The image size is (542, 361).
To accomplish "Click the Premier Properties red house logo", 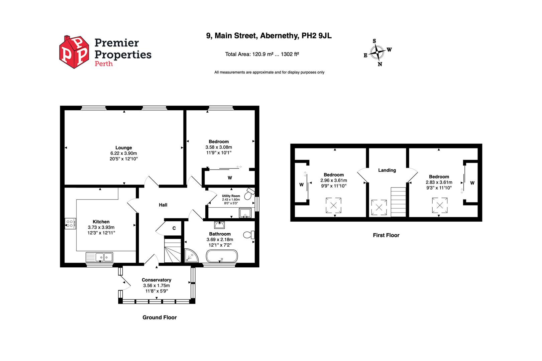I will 74,52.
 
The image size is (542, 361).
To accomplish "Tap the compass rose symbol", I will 377,52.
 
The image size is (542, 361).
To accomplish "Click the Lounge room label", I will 123,147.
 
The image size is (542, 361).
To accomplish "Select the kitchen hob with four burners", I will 71,223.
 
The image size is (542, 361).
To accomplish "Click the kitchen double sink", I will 104,257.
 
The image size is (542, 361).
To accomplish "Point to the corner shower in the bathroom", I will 191,255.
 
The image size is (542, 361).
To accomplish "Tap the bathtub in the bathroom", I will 222,257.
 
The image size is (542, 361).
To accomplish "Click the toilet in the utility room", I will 249,194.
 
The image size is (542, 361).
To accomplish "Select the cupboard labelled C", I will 174,228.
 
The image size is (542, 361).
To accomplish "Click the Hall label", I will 163,205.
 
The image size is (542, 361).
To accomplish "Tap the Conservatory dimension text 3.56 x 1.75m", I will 156,285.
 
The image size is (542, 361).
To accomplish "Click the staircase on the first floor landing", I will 398,202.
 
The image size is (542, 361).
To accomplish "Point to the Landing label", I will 387,170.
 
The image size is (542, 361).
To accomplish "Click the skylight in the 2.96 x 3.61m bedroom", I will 334,205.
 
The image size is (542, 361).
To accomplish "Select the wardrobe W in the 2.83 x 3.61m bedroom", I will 472,183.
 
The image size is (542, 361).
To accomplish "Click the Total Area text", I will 262,54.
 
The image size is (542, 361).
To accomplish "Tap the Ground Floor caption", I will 159,318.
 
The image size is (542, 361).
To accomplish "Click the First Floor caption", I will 386,235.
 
